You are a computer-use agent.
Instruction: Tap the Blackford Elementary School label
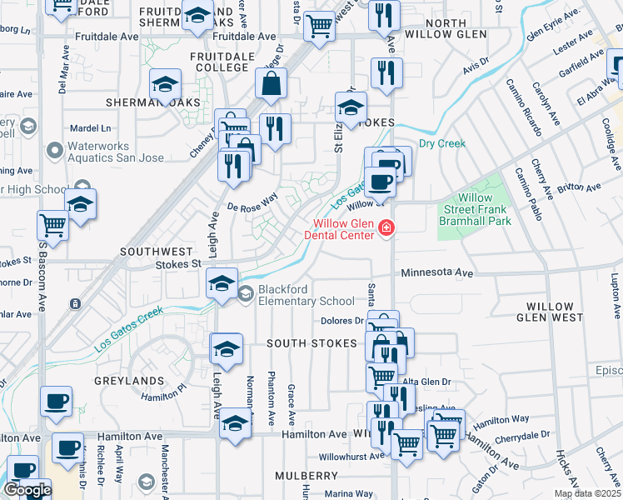306,295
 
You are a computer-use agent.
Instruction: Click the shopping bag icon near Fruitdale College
272,83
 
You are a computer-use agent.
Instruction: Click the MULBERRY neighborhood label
305,475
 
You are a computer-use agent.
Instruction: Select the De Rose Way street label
252,202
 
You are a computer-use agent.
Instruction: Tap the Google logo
27,490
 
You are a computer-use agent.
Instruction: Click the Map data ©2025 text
586,493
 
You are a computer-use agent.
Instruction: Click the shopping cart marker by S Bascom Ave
52,225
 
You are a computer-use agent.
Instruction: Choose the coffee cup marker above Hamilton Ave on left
57,402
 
